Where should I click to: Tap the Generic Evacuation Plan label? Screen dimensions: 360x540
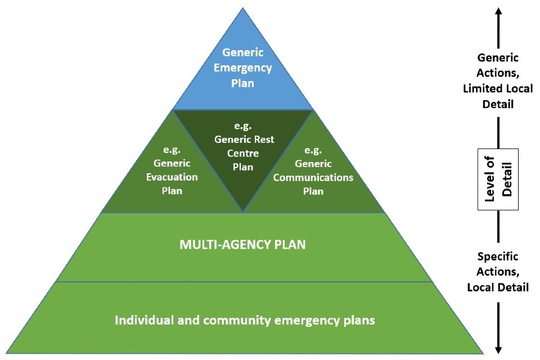click(172, 170)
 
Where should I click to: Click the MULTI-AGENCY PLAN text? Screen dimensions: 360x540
click(243, 245)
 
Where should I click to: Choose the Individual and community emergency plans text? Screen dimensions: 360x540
click(245, 321)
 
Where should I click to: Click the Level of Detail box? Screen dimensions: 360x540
click(498, 179)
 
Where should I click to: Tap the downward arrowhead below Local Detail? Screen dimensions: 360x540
click(498, 349)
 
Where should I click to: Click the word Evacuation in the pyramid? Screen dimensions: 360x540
click(172, 177)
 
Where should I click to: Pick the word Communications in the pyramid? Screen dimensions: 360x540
click(318, 177)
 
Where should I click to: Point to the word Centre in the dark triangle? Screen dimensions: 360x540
click(243, 153)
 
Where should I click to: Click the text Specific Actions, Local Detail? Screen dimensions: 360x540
click(498, 272)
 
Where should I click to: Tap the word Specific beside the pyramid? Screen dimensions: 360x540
click(498, 256)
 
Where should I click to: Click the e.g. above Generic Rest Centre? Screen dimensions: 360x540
click(243, 125)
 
